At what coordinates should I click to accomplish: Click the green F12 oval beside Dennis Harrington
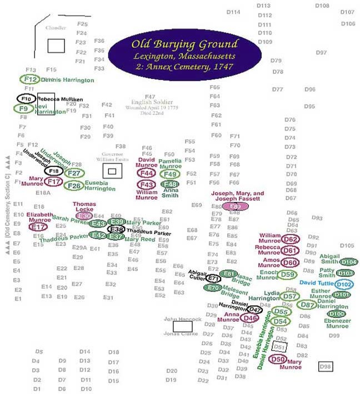click(x=30, y=79)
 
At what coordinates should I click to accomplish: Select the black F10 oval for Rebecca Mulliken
click(x=26, y=99)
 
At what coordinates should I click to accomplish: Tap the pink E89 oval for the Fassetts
click(x=236, y=206)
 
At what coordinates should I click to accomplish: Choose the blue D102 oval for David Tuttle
click(x=344, y=284)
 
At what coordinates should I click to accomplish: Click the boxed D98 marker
click(x=326, y=366)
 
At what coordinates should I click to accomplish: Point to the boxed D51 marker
click(x=280, y=347)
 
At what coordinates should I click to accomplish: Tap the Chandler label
click(x=56, y=28)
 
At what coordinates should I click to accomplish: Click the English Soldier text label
click(x=149, y=102)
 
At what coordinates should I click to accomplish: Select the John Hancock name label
click(x=178, y=320)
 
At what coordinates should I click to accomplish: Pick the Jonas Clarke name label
click(x=178, y=334)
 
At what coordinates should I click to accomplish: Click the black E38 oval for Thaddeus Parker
click(x=116, y=229)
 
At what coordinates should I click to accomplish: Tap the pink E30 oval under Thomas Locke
click(x=84, y=216)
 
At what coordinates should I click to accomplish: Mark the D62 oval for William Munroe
click(x=290, y=239)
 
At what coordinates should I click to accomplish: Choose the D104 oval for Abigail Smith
click(x=348, y=261)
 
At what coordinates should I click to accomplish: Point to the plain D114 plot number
click(x=233, y=12)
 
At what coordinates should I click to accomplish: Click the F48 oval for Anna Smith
click(x=170, y=184)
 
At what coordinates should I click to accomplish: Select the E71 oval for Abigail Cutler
click(x=214, y=278)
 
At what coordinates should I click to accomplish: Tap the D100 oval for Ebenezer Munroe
click(x=336, y=314)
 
